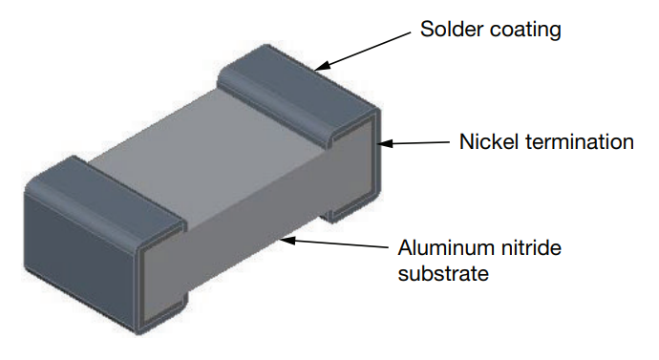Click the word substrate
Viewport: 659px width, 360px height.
[x=443, y=274]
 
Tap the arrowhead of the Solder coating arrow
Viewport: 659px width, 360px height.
[x=322, y=67]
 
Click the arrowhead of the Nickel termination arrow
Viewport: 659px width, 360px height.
[x=385, y=143]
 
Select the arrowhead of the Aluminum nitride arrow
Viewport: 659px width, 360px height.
[x=287, y=241]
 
